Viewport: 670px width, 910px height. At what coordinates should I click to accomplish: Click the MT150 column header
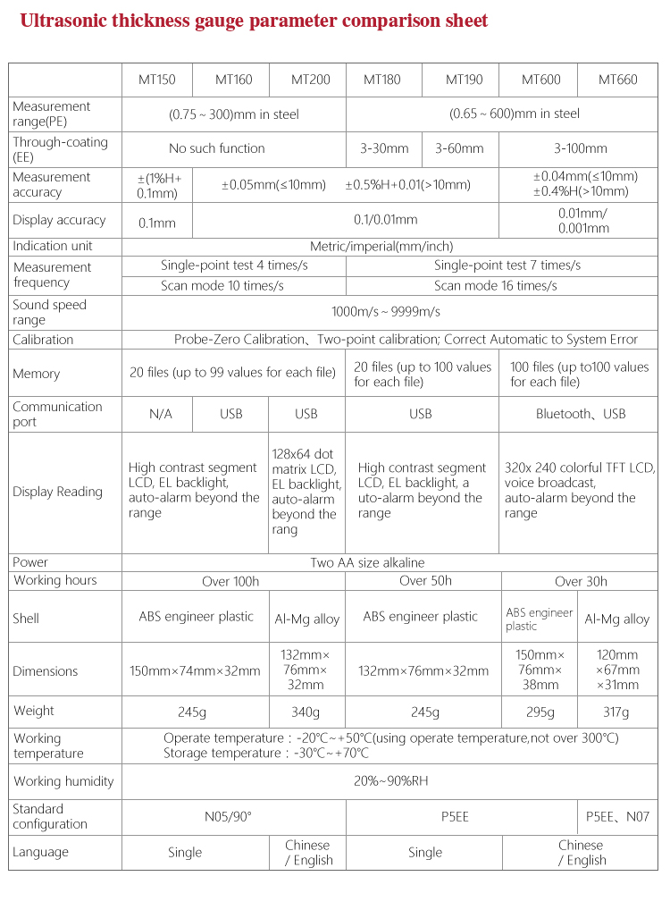tap(156, 80)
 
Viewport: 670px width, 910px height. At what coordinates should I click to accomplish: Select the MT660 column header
tap(618, 80)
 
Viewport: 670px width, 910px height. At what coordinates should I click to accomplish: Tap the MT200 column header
tap(310, 80)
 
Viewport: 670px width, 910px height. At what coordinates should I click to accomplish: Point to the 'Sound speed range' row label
tap(49, 312)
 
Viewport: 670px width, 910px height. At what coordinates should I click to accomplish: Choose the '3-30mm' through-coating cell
tap(384, 148)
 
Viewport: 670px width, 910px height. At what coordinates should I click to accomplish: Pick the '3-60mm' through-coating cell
tap(459, 148)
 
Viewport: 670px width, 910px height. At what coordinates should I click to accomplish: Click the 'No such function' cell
tap(217, 148)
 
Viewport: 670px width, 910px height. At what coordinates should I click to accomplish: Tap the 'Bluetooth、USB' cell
tap(581, 414)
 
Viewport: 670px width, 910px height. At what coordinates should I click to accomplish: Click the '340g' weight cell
tap(306, 712)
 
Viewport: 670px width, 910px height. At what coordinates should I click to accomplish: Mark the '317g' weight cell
tap(616, 712)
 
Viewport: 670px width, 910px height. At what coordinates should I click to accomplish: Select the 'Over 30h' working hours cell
tap(581, 581)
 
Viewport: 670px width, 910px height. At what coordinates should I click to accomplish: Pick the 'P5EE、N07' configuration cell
tap(617, 816)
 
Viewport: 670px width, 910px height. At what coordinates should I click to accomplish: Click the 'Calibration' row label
tap(43, 340)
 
